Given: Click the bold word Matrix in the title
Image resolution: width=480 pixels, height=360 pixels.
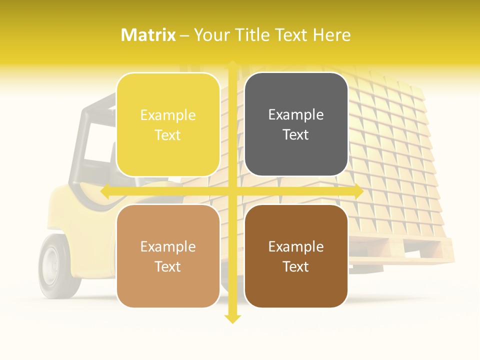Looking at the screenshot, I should pyautogui.click(x=148, y=35).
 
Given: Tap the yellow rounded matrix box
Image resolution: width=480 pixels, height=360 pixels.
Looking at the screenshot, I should pyautogui.click(x=168, y=124).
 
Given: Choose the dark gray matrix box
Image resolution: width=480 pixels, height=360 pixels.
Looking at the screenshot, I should pyautogui.click(x=296, y=124).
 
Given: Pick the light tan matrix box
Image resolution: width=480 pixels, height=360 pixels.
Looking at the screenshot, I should pyautogui.click(x=168, y=256).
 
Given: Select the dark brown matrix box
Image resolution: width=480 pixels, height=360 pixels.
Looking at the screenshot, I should pyautogui.click(x=296, y=256).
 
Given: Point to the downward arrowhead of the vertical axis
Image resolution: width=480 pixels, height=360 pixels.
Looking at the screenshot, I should pyautogui.click(x=232, y=319).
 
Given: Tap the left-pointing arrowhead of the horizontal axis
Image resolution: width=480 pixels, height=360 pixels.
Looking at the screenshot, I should pyautogui.click(x=105, y=191).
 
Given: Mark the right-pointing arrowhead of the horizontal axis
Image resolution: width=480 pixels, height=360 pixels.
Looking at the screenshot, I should pyautogui.click(x=358, y=191).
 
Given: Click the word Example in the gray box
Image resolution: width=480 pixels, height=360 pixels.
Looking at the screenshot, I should pyautogui.click(x=296, y=114).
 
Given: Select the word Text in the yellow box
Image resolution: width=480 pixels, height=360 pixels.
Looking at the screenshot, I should pyautogui.click(x=168, y=135).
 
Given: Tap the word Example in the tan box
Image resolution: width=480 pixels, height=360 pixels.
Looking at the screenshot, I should pyautogui.click(x=168, y=246).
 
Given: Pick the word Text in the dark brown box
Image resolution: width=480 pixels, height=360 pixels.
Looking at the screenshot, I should pyautogui.click(x=296, y=267).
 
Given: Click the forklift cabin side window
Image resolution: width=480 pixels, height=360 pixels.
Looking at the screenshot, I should pyautogui.click(x=95, y=145).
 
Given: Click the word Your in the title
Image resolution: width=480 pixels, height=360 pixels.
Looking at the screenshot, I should pyautogui.click(x=209, y=35).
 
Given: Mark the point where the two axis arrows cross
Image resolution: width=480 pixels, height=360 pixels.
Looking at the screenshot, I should pyautogui.click(x=232, y=191).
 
